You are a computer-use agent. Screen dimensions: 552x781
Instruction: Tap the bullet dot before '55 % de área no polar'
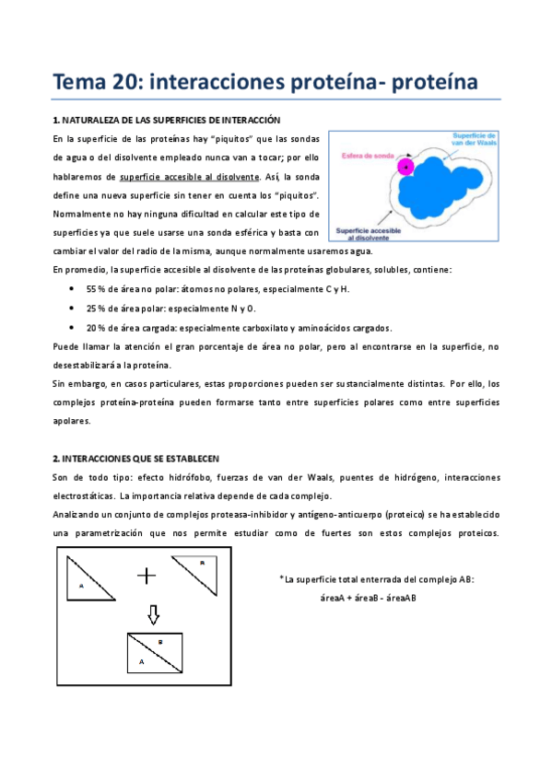(73, 289)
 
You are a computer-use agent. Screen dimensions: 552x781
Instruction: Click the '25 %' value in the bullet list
(97, 309)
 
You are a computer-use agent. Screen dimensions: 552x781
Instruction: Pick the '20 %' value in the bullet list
(97, 328)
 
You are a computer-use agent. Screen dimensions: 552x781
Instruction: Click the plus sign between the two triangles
(147, 576)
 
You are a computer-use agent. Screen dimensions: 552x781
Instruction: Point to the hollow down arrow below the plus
(154, 613)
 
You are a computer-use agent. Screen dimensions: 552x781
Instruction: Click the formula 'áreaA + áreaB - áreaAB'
(368, 598)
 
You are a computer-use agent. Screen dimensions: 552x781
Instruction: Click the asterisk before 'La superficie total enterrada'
(280, 578)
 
